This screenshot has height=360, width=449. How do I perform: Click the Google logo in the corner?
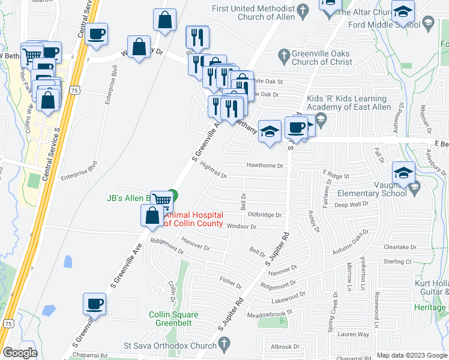click(20, 353)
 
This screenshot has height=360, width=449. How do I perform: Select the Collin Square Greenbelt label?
click(178, 318)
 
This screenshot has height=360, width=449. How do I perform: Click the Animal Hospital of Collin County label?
click(193, 220)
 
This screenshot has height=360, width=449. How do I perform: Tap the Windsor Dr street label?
click(241, 227)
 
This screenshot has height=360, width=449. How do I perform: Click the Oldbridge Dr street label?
click(264, 214)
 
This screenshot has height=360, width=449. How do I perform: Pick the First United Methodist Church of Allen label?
click(257, 13)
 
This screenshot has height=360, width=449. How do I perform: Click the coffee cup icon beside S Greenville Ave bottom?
click(94, 304)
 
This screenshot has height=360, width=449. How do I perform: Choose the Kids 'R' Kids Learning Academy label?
click(346, 103)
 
